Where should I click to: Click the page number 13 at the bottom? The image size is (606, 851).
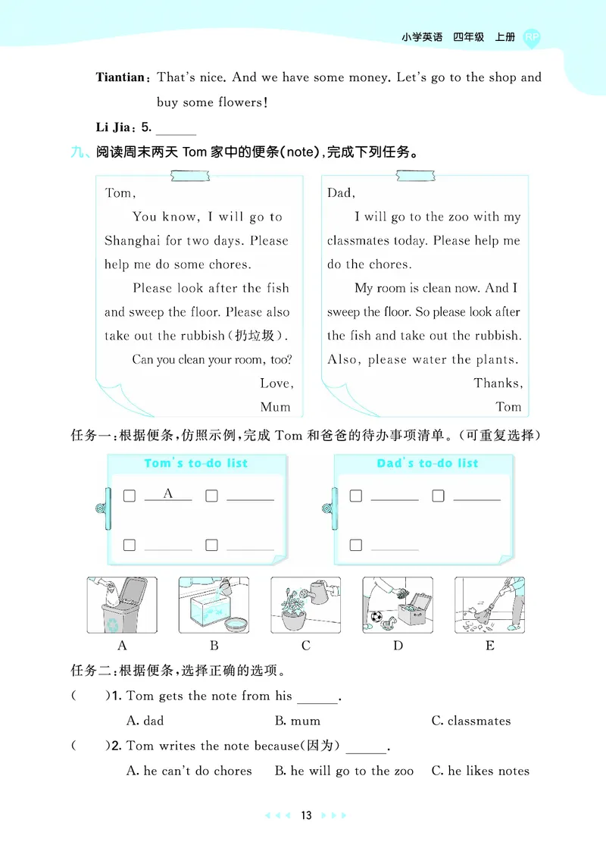tap(305, 815)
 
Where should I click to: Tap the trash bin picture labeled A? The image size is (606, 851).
tap(122, 605)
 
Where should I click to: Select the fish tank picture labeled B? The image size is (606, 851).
tap(214, 605)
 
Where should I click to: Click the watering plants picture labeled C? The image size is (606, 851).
tap(305, 605)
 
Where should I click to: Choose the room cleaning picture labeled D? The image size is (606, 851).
tap(397, 605)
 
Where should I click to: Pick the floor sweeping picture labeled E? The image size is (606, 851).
tap(489, 605)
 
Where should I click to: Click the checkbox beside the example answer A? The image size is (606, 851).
tap(130, 496)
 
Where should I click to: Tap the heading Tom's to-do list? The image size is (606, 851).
tap(196, 463)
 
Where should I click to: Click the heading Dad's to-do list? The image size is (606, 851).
tap(427, 463)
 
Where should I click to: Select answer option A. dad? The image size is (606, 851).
tap(145, 721)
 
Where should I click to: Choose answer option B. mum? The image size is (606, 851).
tap(297, 721)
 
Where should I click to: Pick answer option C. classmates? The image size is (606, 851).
tap(470, 721)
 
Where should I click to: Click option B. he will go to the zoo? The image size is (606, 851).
tap(344, 771)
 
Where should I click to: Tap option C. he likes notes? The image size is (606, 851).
tap(480, 771)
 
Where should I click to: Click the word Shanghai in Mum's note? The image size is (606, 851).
tap(133, 241)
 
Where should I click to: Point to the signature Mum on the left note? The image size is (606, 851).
tap(275, 407)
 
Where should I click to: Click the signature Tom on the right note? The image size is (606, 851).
tap(508, 407)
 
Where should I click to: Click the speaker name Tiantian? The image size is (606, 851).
tap(120, 77)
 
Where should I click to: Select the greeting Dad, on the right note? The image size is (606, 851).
tap(341, 192)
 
